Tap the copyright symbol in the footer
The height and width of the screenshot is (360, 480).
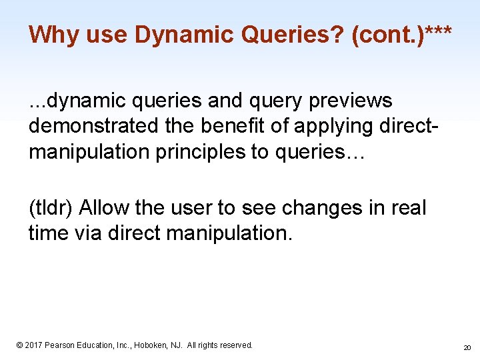[19, 345]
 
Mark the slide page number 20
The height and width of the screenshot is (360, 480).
[467, 347]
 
